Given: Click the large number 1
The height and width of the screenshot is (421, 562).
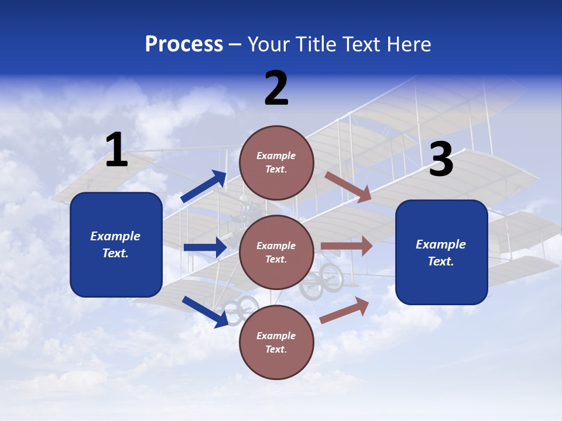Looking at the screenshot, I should click(116, 150).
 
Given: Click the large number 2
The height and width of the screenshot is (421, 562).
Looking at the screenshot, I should click(276, 88).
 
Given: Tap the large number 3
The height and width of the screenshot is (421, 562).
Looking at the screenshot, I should click(441, 160).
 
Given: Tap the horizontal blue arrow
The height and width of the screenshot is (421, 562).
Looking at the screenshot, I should click(205, 247).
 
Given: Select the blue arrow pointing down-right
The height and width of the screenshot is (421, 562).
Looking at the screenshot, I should click(205, 312).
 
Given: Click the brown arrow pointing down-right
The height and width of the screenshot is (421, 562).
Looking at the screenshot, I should click(348, 187).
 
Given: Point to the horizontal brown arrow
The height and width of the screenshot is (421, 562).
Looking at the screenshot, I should click(347, 246).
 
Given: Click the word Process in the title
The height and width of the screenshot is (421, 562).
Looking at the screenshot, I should click(184, 44).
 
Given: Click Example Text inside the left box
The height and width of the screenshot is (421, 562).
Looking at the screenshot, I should click(115, 244).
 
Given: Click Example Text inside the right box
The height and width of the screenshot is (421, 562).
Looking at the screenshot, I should click(441, 253).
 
